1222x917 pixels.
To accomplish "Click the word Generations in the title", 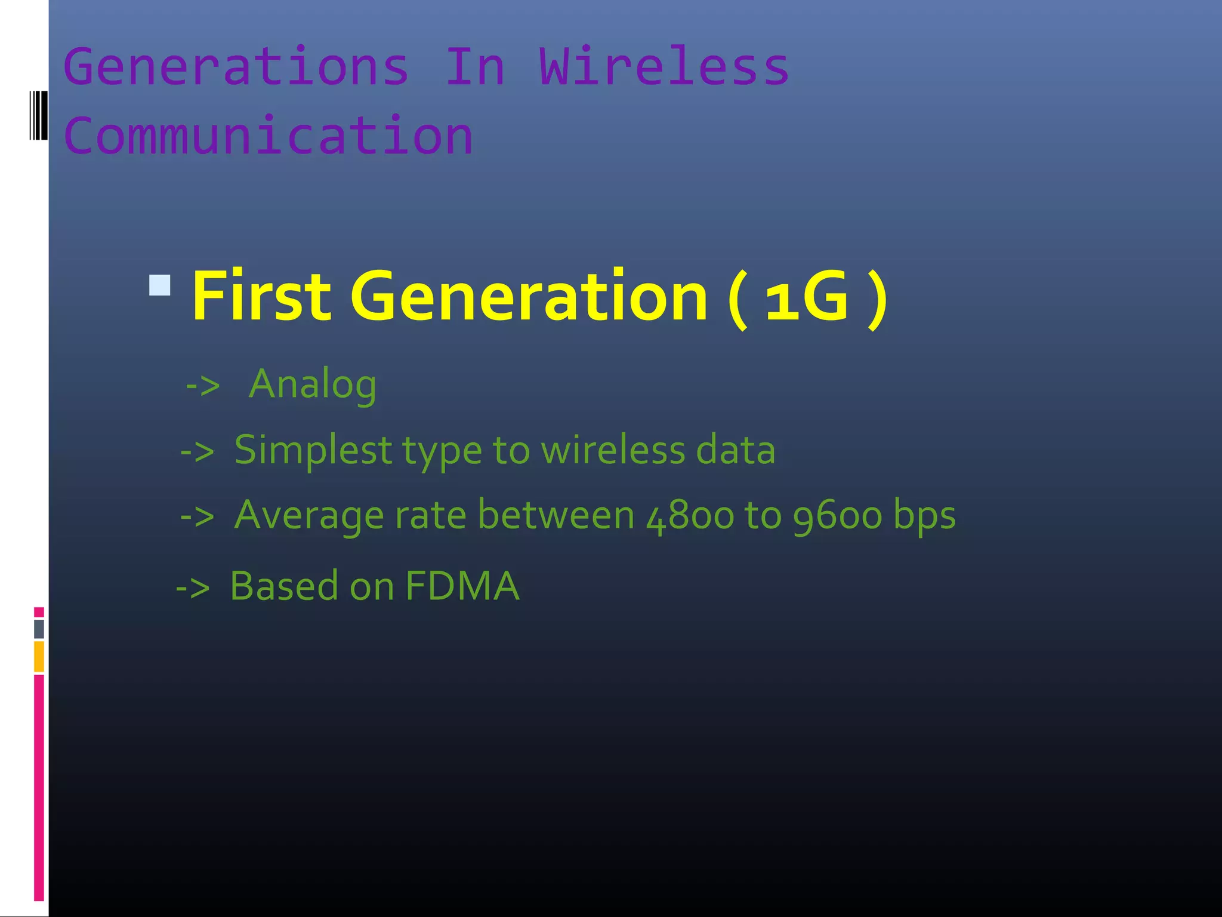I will point(236,67).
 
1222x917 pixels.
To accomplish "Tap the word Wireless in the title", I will point(664,67).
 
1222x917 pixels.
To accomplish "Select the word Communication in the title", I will point(269,136).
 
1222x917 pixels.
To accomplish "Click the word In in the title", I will point(476,67).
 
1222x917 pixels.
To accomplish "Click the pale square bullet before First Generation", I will point(160,285).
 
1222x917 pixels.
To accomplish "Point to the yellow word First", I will point(261,296).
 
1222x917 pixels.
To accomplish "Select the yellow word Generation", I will point(529,296).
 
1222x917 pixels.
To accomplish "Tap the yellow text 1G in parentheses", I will point(807,296).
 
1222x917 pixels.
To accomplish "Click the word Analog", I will point(313,384).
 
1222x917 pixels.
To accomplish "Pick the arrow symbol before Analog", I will point(203,386).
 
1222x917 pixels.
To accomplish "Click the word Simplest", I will point(313,450).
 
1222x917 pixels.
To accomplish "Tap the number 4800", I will point(690,516).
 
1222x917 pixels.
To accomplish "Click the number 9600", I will point(837,516).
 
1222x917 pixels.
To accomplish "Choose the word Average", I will point(308,516).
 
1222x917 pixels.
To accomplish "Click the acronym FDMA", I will point(462,586).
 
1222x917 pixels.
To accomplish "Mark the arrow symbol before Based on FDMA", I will point(193,588).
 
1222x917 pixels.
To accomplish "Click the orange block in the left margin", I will point(39,656).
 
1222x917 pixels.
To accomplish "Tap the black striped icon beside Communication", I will point(39,116).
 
